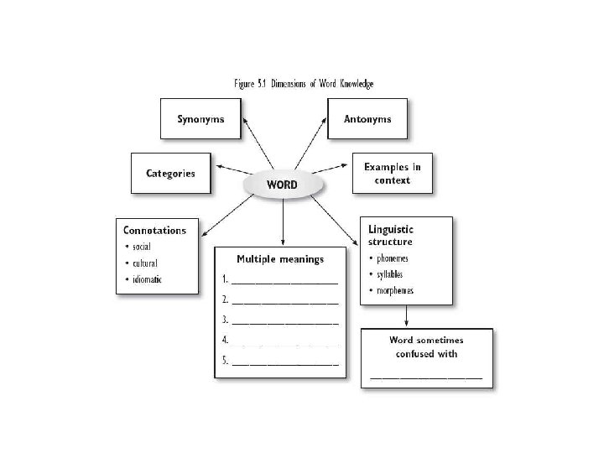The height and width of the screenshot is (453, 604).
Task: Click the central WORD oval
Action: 282,185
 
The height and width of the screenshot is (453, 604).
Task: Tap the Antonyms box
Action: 367,119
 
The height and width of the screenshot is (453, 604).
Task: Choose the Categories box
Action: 170,174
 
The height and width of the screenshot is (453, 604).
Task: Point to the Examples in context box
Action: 393,174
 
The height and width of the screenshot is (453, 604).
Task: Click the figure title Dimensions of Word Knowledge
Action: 303,84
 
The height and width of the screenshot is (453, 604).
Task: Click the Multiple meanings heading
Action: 280,259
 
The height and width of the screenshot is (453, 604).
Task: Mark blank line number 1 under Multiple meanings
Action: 285,281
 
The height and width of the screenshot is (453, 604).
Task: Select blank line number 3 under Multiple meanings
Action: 285,322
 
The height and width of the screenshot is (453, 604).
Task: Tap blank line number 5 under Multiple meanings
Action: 285,363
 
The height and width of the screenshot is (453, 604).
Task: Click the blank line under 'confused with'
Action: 427,377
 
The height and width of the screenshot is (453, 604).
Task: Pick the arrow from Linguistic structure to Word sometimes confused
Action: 407,315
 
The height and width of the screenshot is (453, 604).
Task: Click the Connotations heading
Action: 155,230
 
